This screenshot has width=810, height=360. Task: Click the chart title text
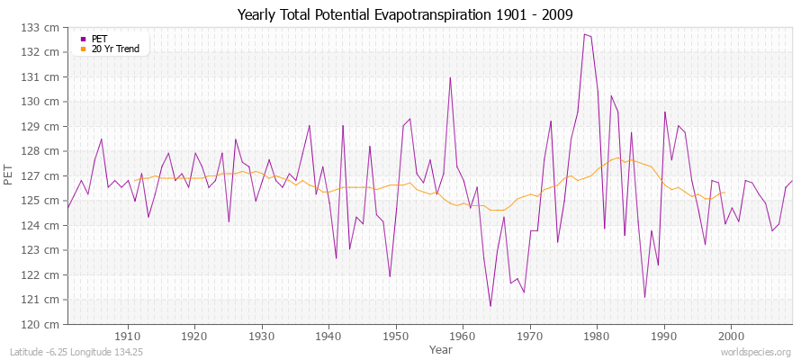pos(405,14)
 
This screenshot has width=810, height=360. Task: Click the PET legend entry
pos(99,39)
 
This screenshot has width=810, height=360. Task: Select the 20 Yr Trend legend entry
pos(115,49)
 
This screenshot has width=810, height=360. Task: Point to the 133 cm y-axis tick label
pos(45,28)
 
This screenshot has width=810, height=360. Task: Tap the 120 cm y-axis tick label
pos(45,324)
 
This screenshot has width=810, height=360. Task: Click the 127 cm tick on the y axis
pos(45,176)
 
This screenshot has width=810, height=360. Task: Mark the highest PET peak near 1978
pos(584,34)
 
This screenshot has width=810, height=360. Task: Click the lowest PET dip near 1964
pos(490,306)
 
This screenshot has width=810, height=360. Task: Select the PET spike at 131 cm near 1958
pos(450,77)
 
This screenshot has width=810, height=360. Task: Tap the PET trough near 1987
pos(644,297)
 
